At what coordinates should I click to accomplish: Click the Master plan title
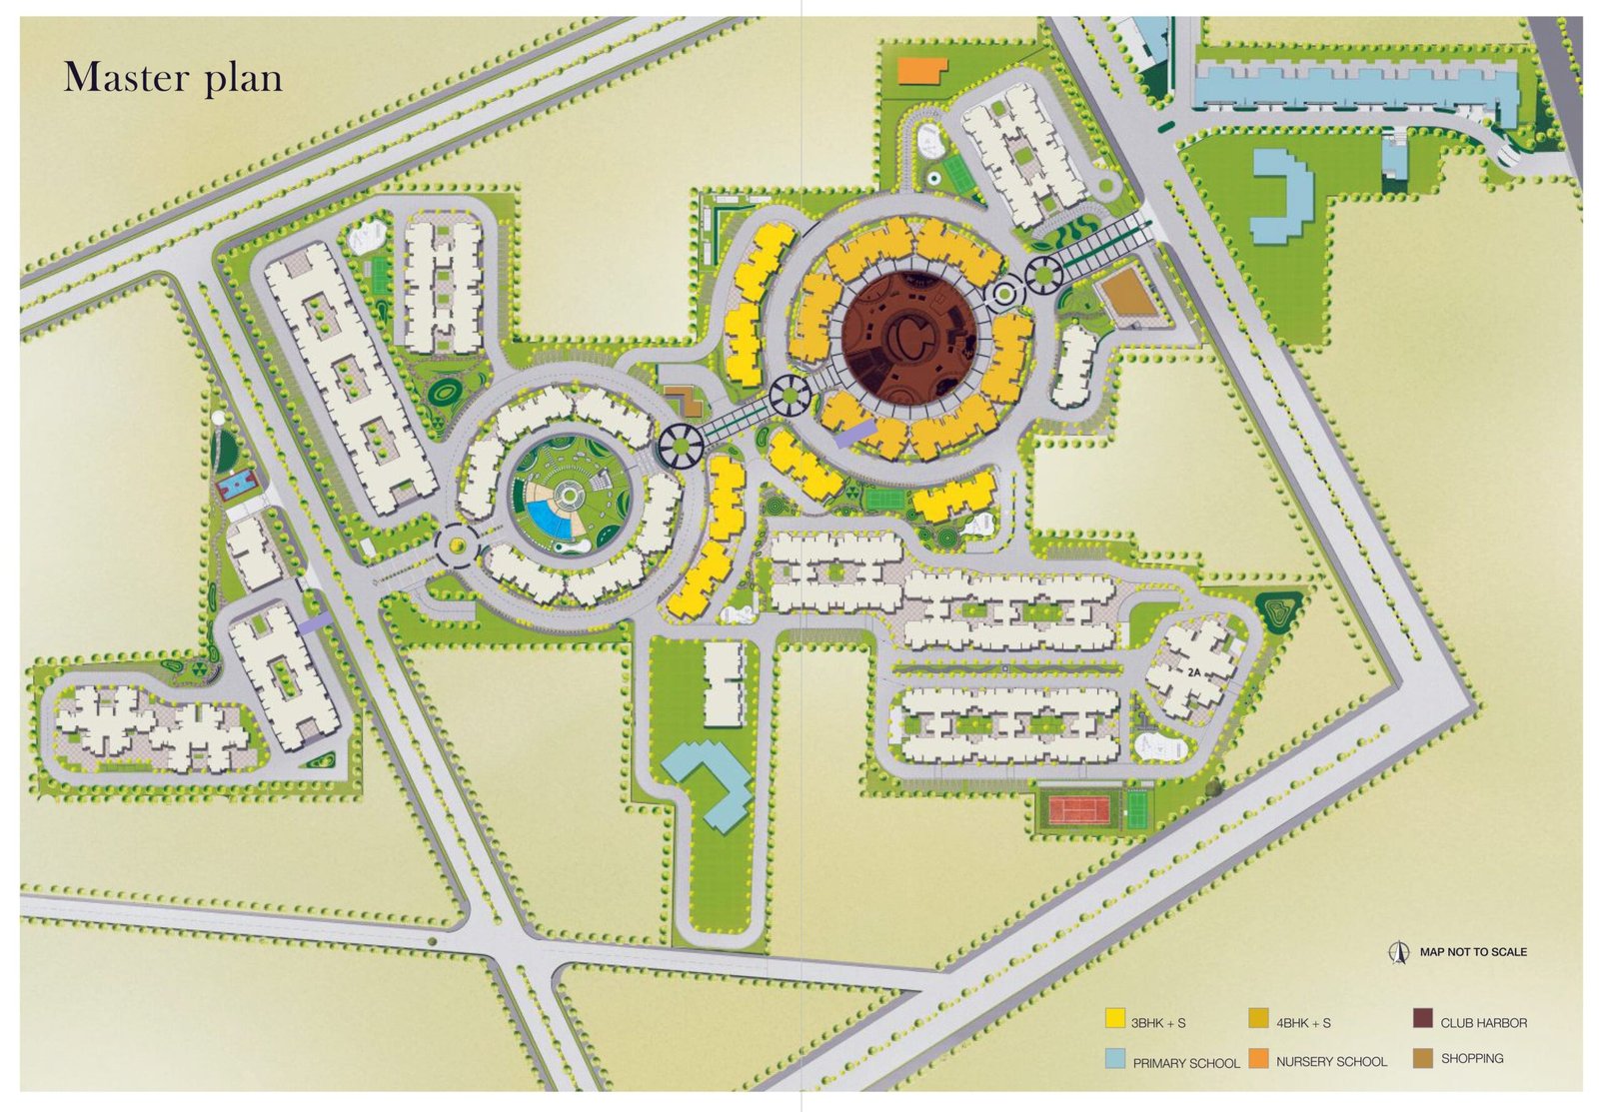[173, 78]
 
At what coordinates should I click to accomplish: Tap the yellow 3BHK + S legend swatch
[1114, 1019]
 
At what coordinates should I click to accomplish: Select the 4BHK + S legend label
[1303, 1023]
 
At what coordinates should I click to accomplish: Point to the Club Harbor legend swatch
[1422, 1019]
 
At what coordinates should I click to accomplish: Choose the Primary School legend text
[1185, 1063]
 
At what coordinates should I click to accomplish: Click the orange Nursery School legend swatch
[1257, 1058]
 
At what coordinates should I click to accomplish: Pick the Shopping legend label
[1471, 1058]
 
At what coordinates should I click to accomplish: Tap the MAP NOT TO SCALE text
[1473, 952]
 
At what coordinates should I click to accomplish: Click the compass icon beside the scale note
[1399, 952]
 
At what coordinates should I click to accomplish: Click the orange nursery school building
[921, 71]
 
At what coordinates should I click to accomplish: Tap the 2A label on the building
[1193, 672]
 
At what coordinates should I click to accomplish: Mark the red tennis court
[1079, 809]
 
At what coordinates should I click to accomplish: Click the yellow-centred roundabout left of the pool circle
[457, 545]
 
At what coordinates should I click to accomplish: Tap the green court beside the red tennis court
[1136, 809]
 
